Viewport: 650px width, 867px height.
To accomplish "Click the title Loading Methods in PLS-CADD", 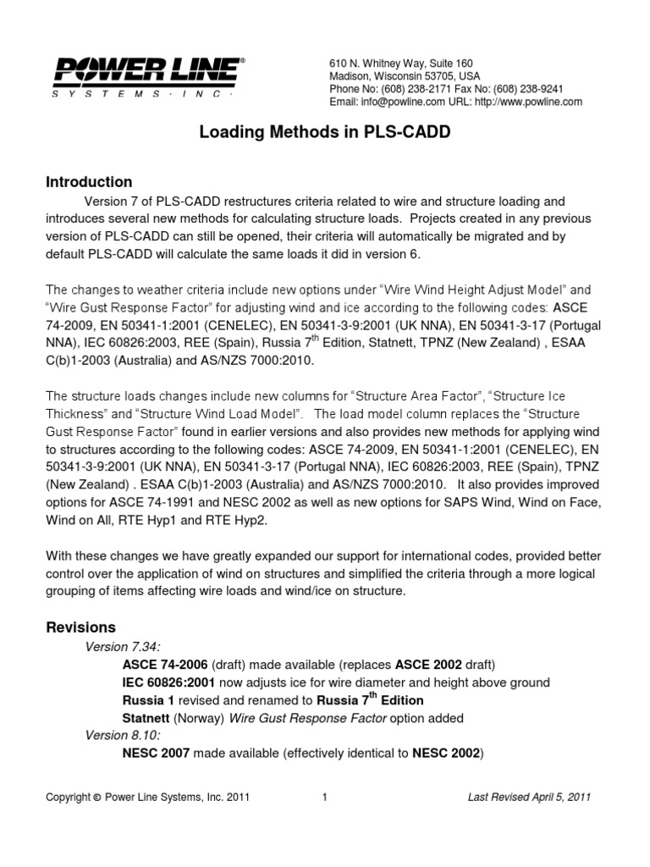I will coord(325,133).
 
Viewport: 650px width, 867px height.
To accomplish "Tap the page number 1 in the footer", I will coord(325,797).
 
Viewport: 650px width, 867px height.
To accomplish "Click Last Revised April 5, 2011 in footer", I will coord(529,797).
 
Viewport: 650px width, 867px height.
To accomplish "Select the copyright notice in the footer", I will coord(147,797).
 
